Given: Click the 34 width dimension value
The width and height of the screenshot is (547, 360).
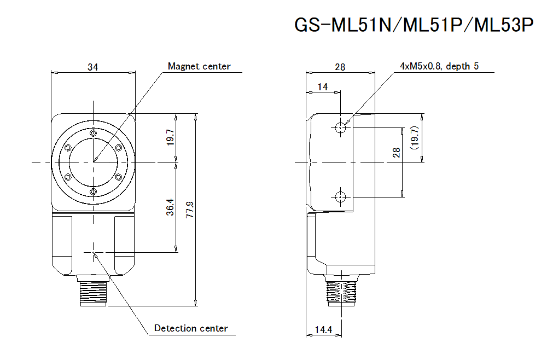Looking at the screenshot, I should pyautogui.click(x=93, y=67).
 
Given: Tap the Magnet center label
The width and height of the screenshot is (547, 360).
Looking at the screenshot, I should pyautogui.click(x=199, y=67).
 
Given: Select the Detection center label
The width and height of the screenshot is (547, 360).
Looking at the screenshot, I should pyautogui.click(x=190, y=328).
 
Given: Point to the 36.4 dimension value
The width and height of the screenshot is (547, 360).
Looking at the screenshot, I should pyautogui.click(x=171, y=207).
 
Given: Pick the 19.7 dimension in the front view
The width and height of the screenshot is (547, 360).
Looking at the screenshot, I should pyautogui.click(x=170, y=138).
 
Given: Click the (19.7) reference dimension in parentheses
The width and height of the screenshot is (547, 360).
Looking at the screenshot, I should pyautogui.click(x=414, y=138).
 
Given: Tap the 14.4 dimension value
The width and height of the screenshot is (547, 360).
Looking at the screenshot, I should pyautogui.click(x=323, y=330).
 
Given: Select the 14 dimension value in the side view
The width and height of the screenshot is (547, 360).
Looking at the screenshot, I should pyautogui.click(x=323, y=86).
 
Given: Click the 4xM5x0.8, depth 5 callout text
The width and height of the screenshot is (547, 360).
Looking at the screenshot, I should pyautogui.click(x=439, y=66).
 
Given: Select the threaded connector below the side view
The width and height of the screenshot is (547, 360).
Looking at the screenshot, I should pyautogui.click(x=340, y=291).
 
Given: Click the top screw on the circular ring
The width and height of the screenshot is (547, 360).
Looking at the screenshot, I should pyautogui.click(x=94, y=133).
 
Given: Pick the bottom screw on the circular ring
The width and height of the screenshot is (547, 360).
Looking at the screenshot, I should pyautogui.click(x=94, y=191).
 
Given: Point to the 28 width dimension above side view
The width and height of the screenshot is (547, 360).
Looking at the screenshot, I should pyautogui.click(x=340, y=67).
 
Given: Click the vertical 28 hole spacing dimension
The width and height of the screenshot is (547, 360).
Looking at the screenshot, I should pyautogui.click(x=397, y=153).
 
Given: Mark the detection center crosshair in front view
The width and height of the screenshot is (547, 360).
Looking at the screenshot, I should pyautogui.click(x=94, y=252).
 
